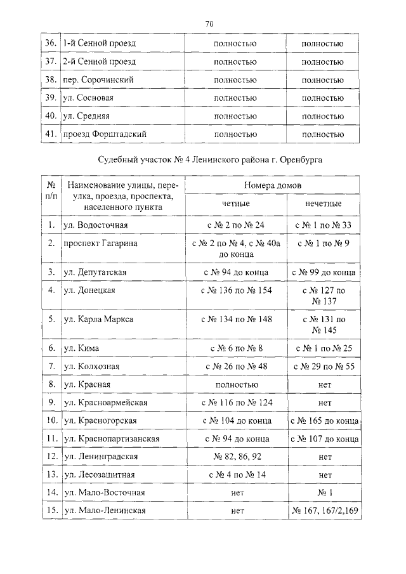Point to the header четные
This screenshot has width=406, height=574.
[x=235, y=204]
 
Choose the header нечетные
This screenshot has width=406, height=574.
[x=322, y=204]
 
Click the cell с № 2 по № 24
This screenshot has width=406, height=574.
[x=235, y=225]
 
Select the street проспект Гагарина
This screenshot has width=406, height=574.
[x=100, y=243]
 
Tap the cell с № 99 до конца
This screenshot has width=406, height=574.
[x=323, y=272]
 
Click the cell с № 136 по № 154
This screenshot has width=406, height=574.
[x=235, y=290]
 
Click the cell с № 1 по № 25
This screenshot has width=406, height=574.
[x=323, y=348]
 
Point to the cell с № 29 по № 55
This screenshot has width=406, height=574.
[x=323, y=366]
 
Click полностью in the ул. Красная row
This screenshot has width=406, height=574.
[x=235, y=384]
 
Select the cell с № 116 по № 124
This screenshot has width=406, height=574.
[x=235, y=402]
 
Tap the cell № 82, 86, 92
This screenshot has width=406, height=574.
[x=235, y=456]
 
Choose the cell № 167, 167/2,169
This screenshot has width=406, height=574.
[x=323, y=510]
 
